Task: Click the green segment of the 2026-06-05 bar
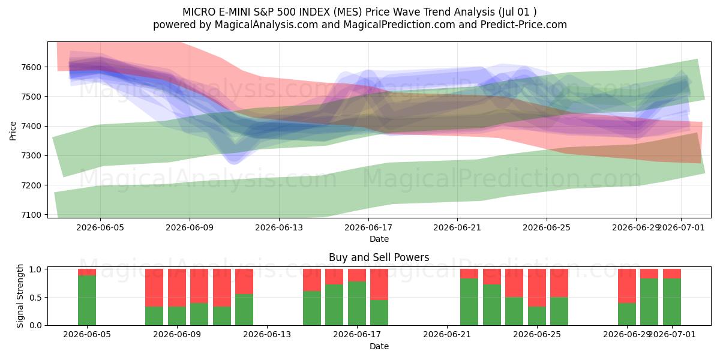tap(87, 300)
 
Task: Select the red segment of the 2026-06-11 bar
tap(222, 287)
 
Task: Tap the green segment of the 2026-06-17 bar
tap(357, 303)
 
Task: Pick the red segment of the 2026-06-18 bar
tap(379, 284)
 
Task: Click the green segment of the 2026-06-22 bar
tap(469, 302)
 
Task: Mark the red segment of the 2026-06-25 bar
tap(537, 287)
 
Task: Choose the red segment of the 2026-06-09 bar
tap(177, 287)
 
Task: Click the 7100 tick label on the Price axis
tap(31, 215)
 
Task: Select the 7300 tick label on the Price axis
tap(31, 155)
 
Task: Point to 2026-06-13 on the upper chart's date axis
tap(279, 227)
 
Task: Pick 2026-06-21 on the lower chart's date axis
tap(447, 334)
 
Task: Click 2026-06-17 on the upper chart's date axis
tap(368, 227)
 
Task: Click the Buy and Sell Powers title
tap(379, 257)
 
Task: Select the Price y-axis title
tap(13, 131)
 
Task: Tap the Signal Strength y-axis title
tap(20, 296)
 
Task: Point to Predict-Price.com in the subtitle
tap(524, 25)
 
